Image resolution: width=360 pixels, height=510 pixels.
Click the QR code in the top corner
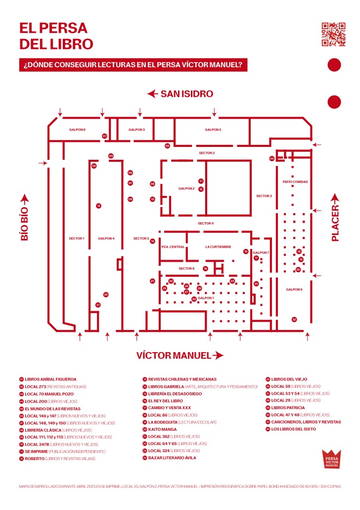pyautogui.click(x=333, y=34)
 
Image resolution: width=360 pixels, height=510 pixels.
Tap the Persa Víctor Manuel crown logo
pyautogui.click(x=331, y=459)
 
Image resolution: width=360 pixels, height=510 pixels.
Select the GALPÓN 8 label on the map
pyautogui.click(x=77, y=130)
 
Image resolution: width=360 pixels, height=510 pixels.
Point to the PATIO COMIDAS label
pyautogui.click(x=295, y=182)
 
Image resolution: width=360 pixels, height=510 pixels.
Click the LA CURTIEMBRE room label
pyautogui.click(x=218, y=246)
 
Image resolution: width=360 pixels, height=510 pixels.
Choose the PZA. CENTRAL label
pyautogui.click(x=173, y=246)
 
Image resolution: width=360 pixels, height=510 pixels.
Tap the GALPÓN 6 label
pyautogui.click(x=294, y=289)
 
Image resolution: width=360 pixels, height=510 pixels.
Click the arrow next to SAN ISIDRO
pyautogui.click(x=152, y=93)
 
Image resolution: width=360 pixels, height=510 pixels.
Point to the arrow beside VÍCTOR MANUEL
pyautogui.click(x=218, y=355)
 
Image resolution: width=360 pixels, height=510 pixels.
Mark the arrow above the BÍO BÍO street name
pyautogui.click(x=24, y=199)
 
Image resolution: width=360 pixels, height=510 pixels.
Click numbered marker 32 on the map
pyautogui.click(x=294, y=320)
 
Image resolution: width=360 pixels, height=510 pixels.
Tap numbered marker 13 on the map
pyautogui.click(x=98, y=206)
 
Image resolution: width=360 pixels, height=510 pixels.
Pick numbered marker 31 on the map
pyautogui.click(x=98, y=305)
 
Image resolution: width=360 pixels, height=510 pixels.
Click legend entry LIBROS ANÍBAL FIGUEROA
pyautogui.click(x=50, y=379)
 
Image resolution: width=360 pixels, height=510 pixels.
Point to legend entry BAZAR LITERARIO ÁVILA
pyautogui.click(x=172, y=458)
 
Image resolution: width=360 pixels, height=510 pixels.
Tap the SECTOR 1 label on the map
pyautogui.click(x=77, y=238)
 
